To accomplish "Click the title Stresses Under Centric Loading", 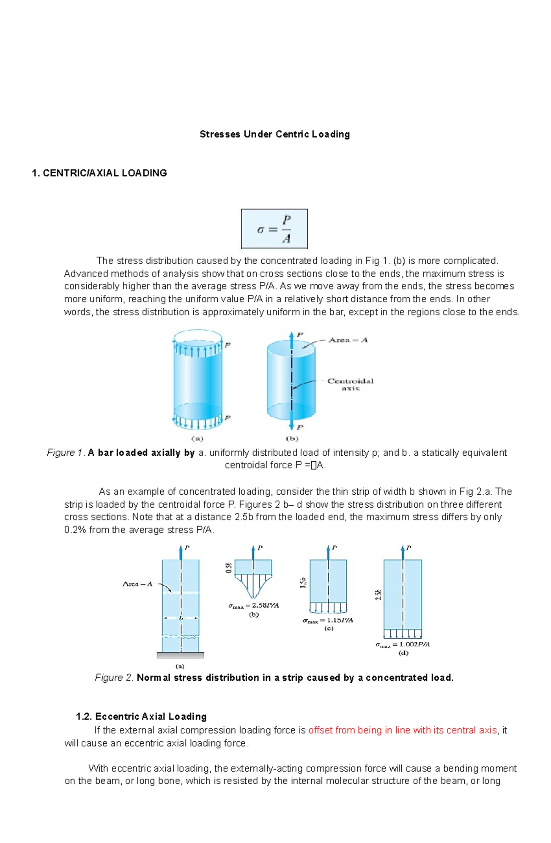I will coord(275,134).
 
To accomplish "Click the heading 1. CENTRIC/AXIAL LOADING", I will coord(99,173).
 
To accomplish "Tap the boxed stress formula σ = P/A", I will coord(274,229).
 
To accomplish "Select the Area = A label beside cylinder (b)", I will coord(348,340).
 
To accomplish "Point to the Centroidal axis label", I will coord(350,384).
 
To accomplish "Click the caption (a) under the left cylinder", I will coord(197,439).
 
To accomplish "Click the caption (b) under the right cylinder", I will coord(292,439).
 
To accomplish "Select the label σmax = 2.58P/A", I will coord(253,605).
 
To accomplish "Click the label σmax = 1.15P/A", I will coord(327,620).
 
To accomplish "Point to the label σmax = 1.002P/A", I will coord(403,644).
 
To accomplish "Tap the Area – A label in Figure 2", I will coord(137,584).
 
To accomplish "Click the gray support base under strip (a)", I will coord(180,655).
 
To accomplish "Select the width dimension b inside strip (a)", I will coord(181,618).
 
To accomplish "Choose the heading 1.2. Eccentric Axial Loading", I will coord(141,717).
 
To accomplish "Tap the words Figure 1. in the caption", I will coord(66,453).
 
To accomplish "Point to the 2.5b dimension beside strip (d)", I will coord(378,595).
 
